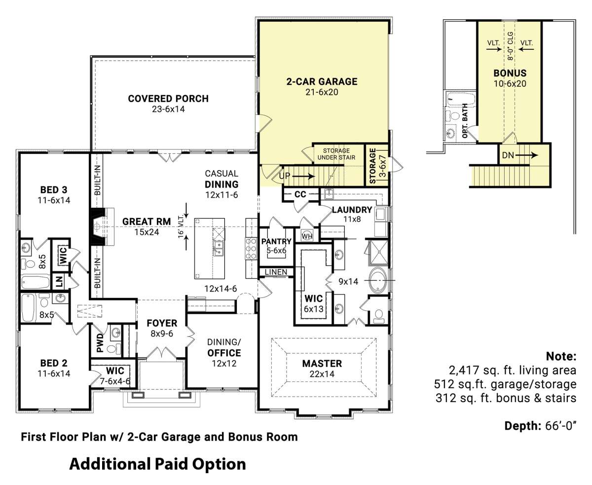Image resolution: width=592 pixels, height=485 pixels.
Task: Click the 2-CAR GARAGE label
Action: point(322,82)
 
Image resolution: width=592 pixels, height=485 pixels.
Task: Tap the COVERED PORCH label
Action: point(168,99)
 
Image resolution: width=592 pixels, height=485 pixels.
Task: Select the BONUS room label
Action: point(510,73)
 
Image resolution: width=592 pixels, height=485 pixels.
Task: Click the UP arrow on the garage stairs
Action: point(303,177)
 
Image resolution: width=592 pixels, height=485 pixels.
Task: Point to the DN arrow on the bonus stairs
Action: point(526,155)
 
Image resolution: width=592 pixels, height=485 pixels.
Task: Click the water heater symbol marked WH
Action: point(307,236)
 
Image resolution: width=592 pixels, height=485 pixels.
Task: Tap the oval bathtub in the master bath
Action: point(378,280)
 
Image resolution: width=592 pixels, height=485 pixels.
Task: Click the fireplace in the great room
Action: point(97,226)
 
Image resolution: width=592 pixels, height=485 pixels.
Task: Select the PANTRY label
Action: point(276,241)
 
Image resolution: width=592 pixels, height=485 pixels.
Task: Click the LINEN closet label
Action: point(276,272)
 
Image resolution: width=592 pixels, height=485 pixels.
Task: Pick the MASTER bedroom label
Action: point(322,364)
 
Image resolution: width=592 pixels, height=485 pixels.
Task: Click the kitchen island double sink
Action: point(219,248)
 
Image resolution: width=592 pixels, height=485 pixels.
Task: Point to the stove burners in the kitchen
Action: point(251,248)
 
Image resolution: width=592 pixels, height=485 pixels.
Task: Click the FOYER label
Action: point(162,323)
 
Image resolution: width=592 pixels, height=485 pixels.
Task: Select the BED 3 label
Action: point(54,190)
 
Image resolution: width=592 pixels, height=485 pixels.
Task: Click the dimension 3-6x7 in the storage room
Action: point(383,166)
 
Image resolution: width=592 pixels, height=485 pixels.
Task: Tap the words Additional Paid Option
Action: point(157,464)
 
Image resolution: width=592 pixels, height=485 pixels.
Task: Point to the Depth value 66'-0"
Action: point(560,426)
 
